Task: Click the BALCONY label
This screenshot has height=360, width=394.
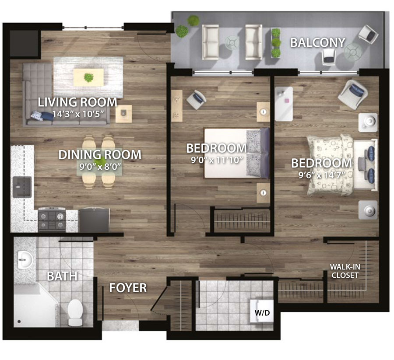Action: pos(318,43)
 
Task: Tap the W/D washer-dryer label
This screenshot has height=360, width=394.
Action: pos(262,313)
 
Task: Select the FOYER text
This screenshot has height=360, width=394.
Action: pos(128,288)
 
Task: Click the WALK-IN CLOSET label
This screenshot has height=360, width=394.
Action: pos(345,271)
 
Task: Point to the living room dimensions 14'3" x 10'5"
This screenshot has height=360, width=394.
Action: pos(78,114)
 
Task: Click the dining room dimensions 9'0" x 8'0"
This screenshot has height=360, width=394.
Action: pos(100,167)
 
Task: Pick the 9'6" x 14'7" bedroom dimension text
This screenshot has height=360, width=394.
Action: pos(321,175)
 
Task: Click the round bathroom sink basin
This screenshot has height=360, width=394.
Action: pos(25,259)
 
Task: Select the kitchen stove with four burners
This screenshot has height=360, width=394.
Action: pos(52,220)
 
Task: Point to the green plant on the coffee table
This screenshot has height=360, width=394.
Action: pos(89,77)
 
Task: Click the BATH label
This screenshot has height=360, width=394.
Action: pos(62,276)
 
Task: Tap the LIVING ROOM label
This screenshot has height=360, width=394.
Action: pos(77,102)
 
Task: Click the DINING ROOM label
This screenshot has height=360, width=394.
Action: pos(100,155)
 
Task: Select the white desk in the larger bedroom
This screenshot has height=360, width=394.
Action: pos(284,104)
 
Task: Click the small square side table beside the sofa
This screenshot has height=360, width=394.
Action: pos(123,114)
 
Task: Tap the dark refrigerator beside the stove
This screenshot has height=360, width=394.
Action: pos(94,220)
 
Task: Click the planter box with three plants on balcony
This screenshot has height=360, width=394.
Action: pos(276,43)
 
